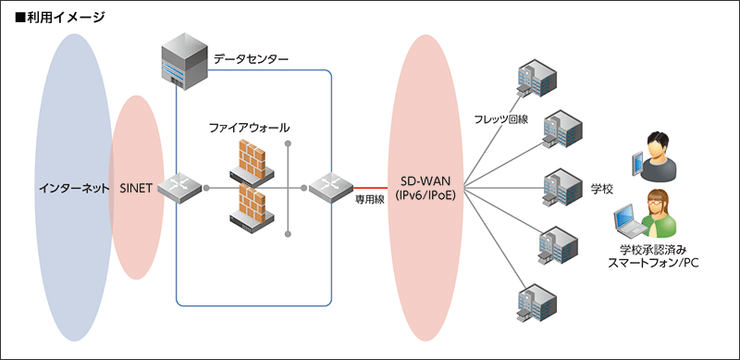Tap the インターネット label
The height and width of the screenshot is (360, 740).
72,188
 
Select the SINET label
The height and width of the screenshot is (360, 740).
139,188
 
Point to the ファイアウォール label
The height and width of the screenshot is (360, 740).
250,127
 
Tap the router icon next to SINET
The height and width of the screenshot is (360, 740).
179,188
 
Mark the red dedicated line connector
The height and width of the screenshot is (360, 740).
371,187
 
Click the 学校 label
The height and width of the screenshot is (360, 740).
601,188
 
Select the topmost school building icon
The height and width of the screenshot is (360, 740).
536,77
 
